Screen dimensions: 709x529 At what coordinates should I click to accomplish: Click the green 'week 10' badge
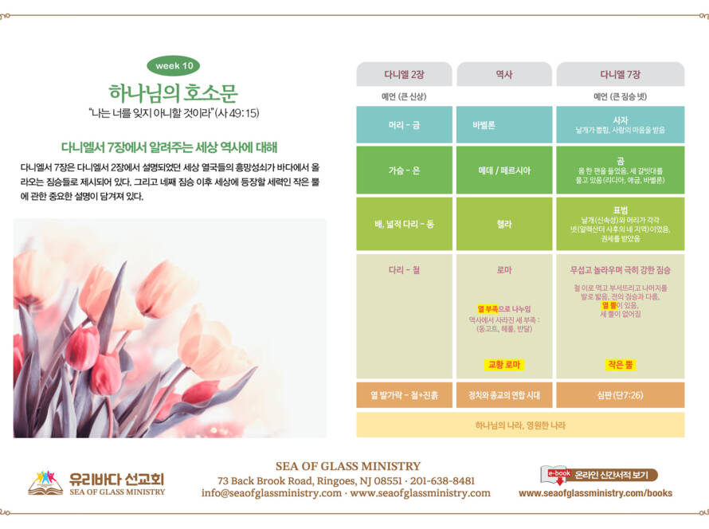(x=173, y=66)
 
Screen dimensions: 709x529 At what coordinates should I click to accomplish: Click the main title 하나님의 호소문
(x=173, y=93)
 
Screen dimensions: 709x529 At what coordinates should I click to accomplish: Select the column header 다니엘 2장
(x=404, y=75)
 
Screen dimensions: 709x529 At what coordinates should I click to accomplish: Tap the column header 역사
(x=504, y=75)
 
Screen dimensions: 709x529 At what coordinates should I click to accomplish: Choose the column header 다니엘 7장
(x=621, y=75)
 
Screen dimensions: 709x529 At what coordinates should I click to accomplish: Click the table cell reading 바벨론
(x=504, y=125)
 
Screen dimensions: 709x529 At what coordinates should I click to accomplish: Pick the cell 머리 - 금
(x=404, y=125)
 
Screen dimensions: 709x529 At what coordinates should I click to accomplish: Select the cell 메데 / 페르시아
(x=504, y=170)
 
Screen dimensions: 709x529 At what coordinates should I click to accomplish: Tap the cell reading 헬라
(x=504, y=224)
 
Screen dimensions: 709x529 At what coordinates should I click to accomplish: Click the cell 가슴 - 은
(x=404, y=170)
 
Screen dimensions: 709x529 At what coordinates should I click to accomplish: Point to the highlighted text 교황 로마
(x=504, y=364)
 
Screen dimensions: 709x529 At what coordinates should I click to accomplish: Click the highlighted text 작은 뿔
(x=621, y=364)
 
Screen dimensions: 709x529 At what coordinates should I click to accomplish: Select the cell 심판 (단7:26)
(x=621, y=395)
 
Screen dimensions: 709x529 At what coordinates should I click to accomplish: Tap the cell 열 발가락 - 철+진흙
(x=404, y=395)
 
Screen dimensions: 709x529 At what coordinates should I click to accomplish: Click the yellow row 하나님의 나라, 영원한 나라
(x=520, y=425)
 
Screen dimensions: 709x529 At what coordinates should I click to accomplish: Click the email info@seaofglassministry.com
(x=272, y=493)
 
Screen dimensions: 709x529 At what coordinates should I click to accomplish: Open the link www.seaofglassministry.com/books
(x=595, y=493)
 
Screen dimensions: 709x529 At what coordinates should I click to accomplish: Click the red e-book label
(x=559, y=473)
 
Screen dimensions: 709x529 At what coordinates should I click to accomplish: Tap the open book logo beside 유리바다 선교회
(x=45, y=484)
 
